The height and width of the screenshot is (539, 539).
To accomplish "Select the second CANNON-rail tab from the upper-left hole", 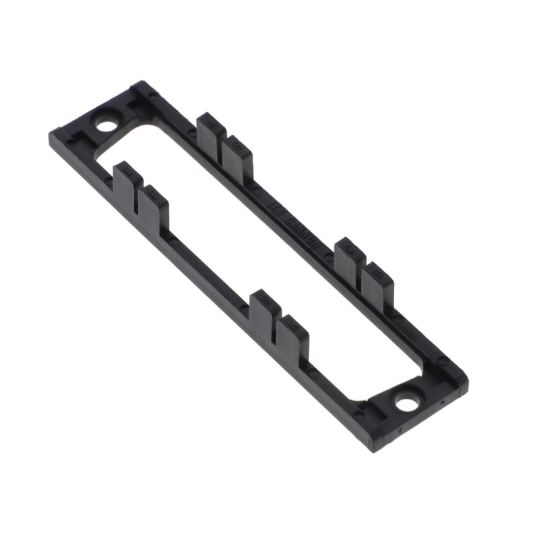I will coord(236,153).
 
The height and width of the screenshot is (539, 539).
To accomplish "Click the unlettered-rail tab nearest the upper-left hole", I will coord(125,181).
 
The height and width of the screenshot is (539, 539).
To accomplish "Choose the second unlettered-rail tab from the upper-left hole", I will coord(153,204).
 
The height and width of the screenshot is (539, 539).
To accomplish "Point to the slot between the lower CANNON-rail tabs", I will coord(362,275).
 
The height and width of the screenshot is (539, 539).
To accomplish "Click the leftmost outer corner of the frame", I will coord(51,135).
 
